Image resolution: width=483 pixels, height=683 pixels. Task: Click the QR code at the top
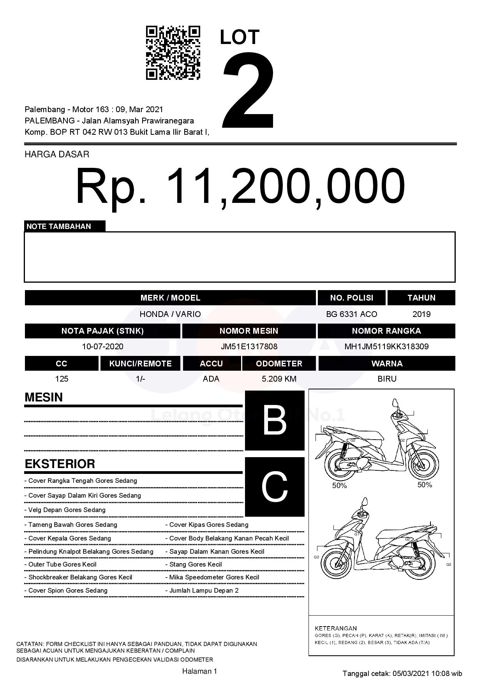click(x=173, y=53)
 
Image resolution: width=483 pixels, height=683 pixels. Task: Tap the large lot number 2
click(x=248, y=90)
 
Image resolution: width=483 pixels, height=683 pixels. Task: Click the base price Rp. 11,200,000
click(x=240, y=186)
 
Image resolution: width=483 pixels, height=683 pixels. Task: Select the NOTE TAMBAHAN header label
click(x=59, y=226)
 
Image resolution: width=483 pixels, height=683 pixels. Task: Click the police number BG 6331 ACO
click(x=351, y=314)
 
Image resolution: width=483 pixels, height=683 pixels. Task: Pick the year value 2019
click(x=421, y=314)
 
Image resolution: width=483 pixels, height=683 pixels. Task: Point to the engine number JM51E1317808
click(x=249, y=347)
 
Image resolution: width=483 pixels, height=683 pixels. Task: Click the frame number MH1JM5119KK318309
click(x=386, y=347)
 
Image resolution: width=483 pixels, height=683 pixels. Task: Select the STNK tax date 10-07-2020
click(x=102, y=347)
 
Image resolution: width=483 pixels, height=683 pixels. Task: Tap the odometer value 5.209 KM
click(x=279, y=379)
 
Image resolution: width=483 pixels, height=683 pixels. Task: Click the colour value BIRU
click(x=387, y=379)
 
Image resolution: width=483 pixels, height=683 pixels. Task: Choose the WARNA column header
click(x=387, y=363)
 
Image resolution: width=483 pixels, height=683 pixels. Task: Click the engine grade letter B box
click(x=275, y=421)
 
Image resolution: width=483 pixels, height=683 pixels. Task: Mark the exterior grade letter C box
click(x=275, y=487)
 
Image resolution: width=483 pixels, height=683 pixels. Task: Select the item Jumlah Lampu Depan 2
click(x=204, y=590)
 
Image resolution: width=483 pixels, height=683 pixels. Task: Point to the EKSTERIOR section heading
click(x=60, y=464)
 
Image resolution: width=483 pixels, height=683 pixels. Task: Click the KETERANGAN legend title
click(x=335, y=628)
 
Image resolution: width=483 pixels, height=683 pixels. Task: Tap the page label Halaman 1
click(x=199, y=671)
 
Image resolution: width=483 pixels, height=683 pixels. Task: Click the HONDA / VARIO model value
click(x=170, y=314)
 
